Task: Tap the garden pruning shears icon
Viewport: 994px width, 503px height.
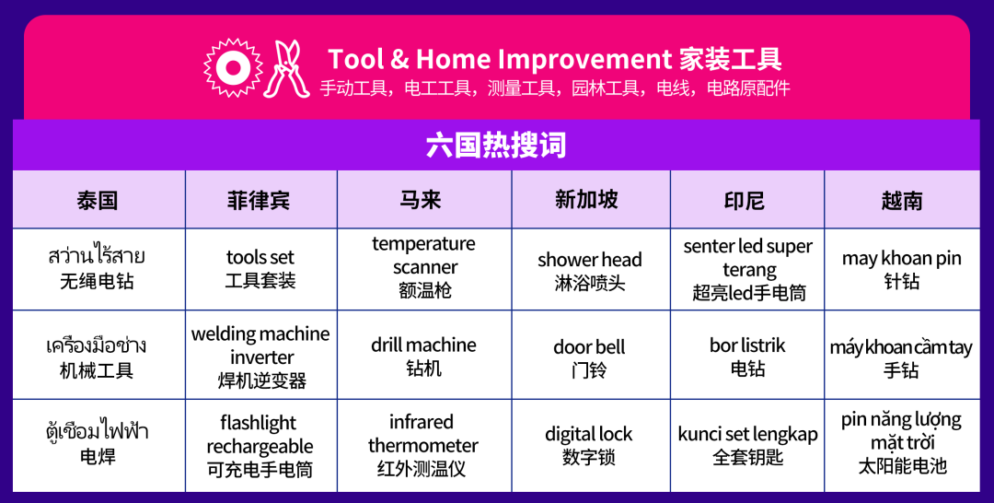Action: (x=285, y=68)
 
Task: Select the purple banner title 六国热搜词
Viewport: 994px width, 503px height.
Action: (x=496, y=145)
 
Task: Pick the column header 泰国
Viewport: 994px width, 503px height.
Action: (x=98, y=201)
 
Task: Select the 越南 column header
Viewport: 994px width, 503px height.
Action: (x=901, y=201)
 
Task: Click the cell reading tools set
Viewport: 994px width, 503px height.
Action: (x=260, y=268)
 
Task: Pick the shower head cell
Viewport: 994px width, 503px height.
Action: (x=590, y=270)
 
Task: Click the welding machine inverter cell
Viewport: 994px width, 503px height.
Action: (x=260, y=357)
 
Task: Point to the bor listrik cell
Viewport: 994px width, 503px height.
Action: (x=747, y=357)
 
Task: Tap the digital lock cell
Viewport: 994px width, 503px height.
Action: (x=589, y=445)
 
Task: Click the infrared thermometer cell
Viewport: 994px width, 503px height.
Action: (x=423, y=445)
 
